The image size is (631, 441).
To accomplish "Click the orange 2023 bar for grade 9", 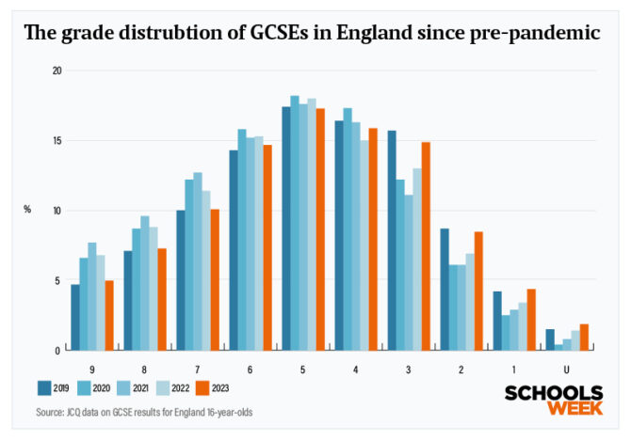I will click(x=109, y=315).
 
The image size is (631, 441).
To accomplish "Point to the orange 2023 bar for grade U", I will click(x=584, y=337).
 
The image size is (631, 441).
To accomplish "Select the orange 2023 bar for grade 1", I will click(x=531, y=319).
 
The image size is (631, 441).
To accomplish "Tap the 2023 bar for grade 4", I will click(x=373, y=239).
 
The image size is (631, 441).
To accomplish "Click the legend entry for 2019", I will click(x=54, y=386).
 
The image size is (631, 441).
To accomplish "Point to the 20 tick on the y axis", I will click(x=57, y=71).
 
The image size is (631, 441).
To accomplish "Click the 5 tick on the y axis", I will click(x=58, y=281).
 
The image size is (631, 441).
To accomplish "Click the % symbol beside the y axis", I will click(x=27, y=209).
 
